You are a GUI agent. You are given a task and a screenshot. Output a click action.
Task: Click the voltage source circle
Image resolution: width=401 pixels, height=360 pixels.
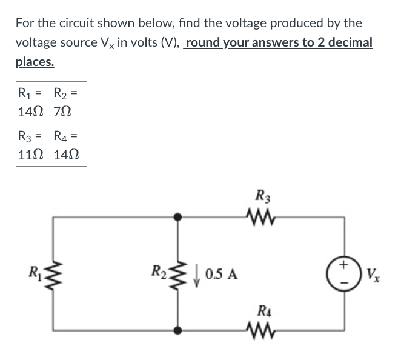pyautogui.click(x=345, y=273)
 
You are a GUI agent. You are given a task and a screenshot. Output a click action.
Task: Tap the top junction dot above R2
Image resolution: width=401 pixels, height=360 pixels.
pyautogui.click(x=177, y=216)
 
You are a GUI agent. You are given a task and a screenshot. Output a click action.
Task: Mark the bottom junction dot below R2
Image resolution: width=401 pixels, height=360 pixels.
pyautogui.click(x=177, y=330)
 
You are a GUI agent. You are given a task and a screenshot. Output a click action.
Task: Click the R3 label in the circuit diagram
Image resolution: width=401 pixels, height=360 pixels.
pyautogui.click(x=263, y=196)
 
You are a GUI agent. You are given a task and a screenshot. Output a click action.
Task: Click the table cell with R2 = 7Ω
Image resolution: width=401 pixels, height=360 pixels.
pyautogui.click(x=68, y=102)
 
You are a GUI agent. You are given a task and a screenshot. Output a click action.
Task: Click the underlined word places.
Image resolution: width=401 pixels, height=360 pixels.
pyautogui.click(x=35, y=62)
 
